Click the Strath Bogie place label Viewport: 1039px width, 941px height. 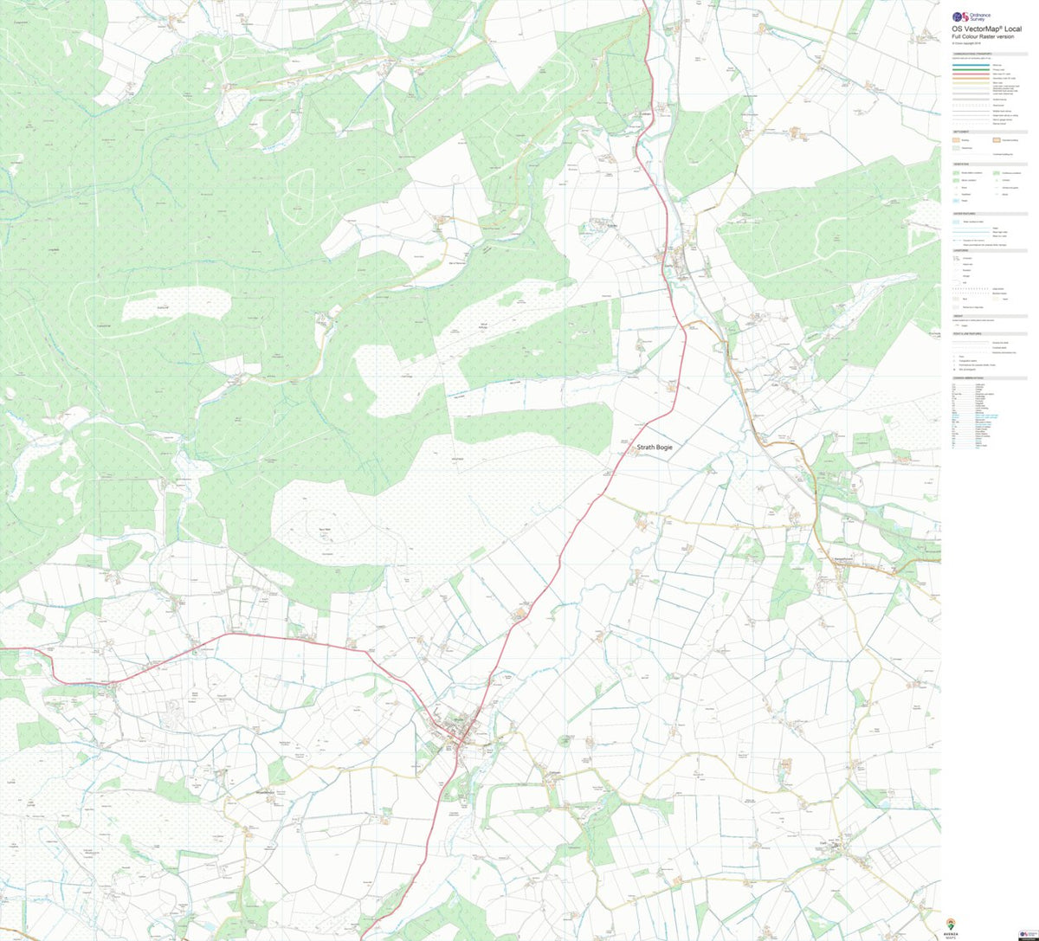tap(655, 448)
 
